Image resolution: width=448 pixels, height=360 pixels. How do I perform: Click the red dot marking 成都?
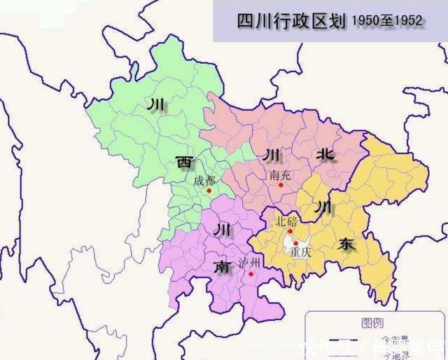(209, 190)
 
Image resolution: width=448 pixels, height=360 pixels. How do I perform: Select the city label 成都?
(205, 179)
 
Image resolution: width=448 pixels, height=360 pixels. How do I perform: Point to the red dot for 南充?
(281, 186)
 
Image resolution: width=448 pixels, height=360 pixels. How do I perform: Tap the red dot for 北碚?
(290, 231)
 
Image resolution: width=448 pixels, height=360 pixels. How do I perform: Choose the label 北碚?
(287, 221)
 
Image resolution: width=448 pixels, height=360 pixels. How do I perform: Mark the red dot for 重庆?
(296, 242)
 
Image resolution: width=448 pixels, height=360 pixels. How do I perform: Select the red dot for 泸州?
(251, 273)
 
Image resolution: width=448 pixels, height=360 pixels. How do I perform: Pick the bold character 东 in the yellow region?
(346, 244)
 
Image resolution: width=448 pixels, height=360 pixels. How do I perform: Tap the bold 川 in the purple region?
(221, 229)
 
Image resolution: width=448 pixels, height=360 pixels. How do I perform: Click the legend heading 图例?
(371, 322)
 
